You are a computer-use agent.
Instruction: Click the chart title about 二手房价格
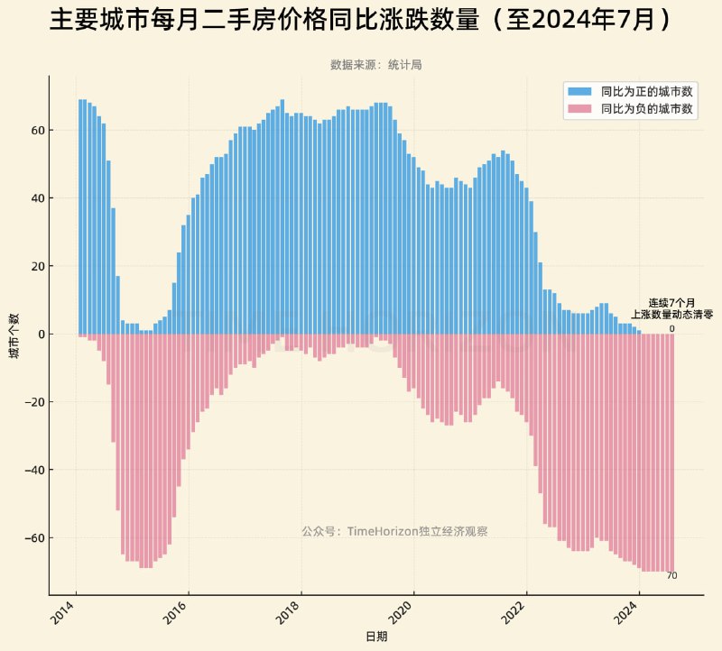tap(361, 21)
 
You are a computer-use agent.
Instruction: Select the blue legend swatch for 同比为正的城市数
tap(579, 92)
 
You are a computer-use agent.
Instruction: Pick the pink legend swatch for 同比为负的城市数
tap(579, 108)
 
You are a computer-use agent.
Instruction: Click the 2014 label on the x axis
tap(63, 617)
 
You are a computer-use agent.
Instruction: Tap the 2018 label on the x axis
tap(289, 617)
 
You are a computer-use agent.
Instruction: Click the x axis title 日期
tap(376, 637)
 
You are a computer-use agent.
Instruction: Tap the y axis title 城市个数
tap(13, 335)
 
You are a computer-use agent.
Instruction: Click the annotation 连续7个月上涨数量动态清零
tap(671, 309)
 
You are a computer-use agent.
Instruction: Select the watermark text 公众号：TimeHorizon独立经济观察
tap(394, 532)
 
